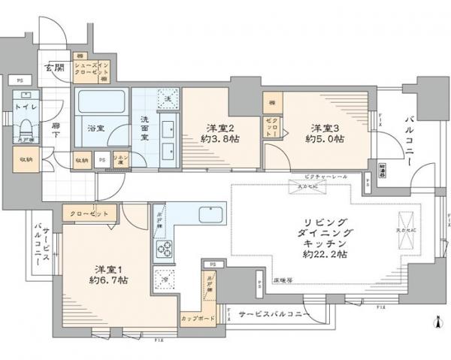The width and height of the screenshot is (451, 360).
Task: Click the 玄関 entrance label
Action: pyautogui.click(x=54, y=68)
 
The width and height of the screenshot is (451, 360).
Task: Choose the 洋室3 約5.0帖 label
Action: pyautogui.click(x=325, y=132)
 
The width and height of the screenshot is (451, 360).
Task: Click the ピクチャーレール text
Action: pyautogui.click(x=310, y=177)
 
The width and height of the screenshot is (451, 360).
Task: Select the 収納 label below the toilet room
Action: pyautogui.click(x=25, y=159)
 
